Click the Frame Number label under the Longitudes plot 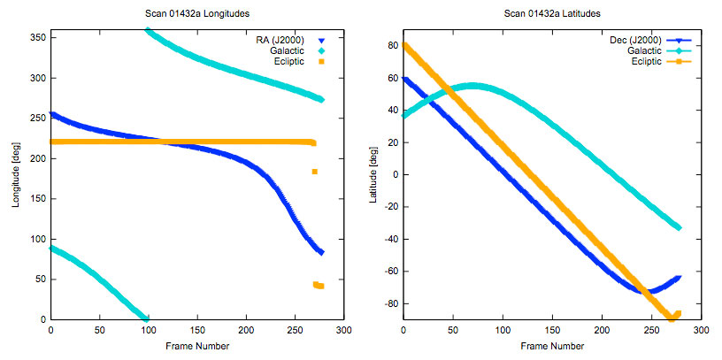click(x=196, y=347)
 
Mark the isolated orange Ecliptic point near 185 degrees click(x=315, y=171)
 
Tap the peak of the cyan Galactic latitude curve click(x=472, y=86)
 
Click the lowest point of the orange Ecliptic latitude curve click(x=671, y=318)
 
